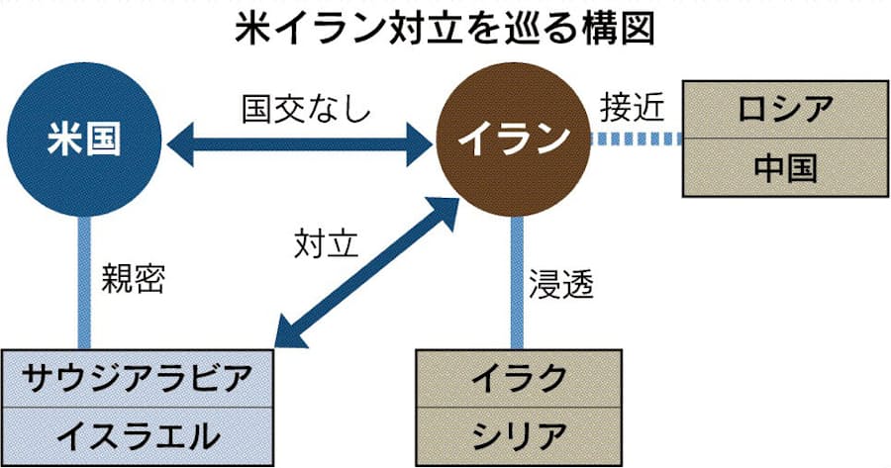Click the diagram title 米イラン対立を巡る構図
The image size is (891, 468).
coord(445,29)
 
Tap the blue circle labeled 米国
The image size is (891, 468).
coord(83,140)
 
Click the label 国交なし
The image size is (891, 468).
coord(307,108)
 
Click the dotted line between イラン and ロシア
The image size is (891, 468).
coord(635,141)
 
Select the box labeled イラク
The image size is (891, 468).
coord(518,378)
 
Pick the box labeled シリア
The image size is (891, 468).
coord(518,434)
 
